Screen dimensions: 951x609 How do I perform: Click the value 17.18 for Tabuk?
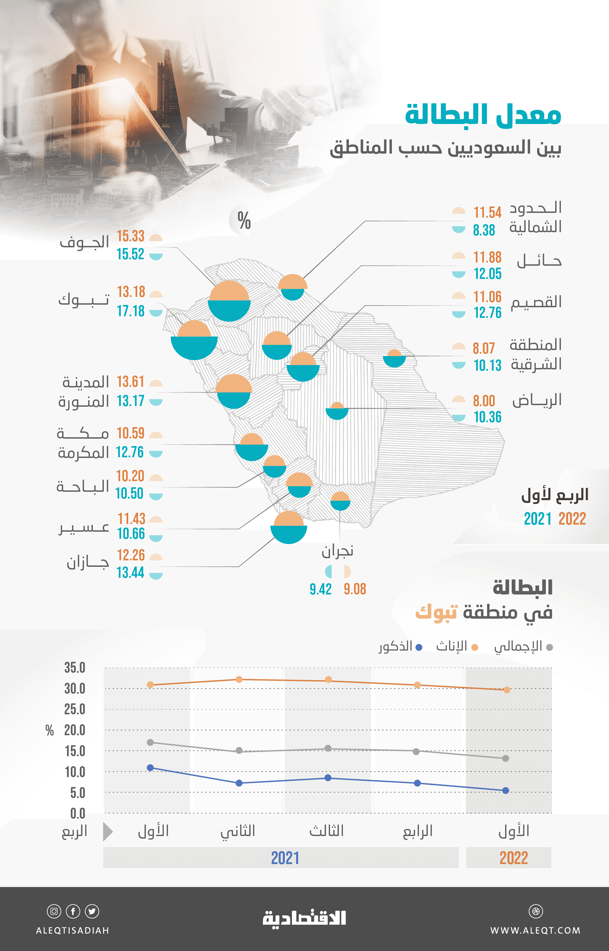(130, 311)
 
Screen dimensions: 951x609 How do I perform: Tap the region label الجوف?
(84, 242)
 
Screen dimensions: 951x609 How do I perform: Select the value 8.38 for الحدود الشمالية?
(484, 230)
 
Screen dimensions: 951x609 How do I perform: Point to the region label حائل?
(539, 261)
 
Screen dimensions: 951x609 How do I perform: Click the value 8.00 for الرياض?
(484, 401)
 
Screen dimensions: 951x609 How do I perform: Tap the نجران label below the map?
(337, 551)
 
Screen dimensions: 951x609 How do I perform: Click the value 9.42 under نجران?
(320, 589)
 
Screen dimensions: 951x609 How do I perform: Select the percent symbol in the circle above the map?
(244, 221)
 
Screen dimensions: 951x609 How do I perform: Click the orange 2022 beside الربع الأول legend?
(572, 518)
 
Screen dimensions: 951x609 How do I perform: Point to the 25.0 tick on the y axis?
(75, 709)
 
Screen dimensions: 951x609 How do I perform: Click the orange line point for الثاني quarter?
(239, 680)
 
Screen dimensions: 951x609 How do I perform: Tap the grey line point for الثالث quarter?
(328, 748)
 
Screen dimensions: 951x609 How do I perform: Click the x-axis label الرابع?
(418, 831)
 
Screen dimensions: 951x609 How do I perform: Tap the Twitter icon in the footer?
(92, 911)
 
